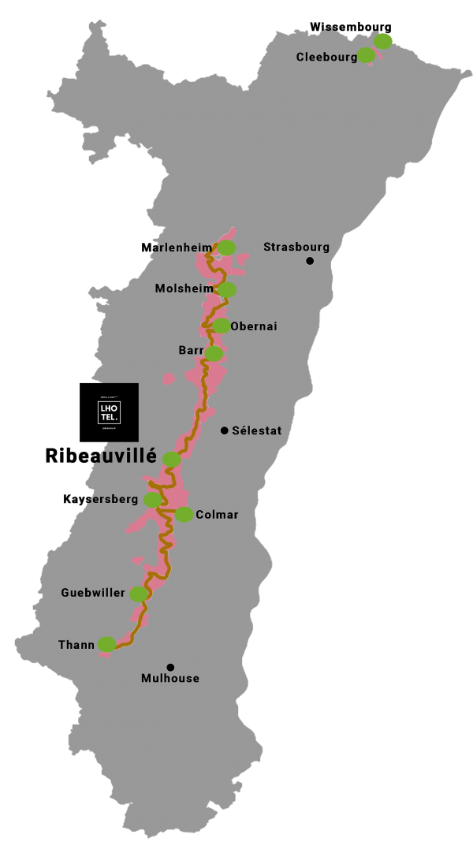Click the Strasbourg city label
point(296,247)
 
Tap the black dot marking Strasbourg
point(310,261)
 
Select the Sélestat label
point(256,430)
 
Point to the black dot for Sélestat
point(225,430)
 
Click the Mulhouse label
point(170,678)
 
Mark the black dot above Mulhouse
point(170,667)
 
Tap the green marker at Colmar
point(184,515)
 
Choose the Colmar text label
point(217,515)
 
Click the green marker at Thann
point(106,644)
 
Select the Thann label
point(76,645)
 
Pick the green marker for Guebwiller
point(139,594)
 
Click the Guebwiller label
point(93,593)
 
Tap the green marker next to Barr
point(214,353)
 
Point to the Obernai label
point(254,326)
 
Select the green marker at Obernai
point(221,326)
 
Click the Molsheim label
point(184,289)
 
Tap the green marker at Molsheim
point(226,290)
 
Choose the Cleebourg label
point(326,57)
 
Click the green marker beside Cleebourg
point(366,55)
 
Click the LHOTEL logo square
point(109,412)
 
